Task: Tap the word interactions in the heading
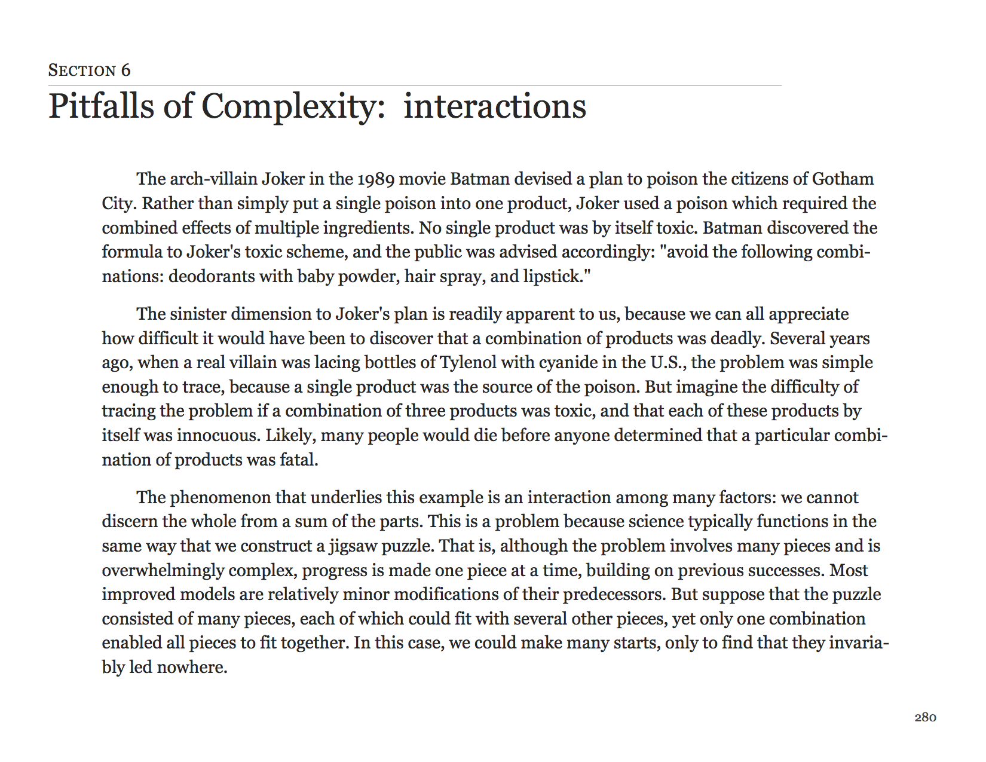495,106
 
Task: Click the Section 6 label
89,71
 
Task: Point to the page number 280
925,717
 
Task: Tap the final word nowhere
192,668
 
